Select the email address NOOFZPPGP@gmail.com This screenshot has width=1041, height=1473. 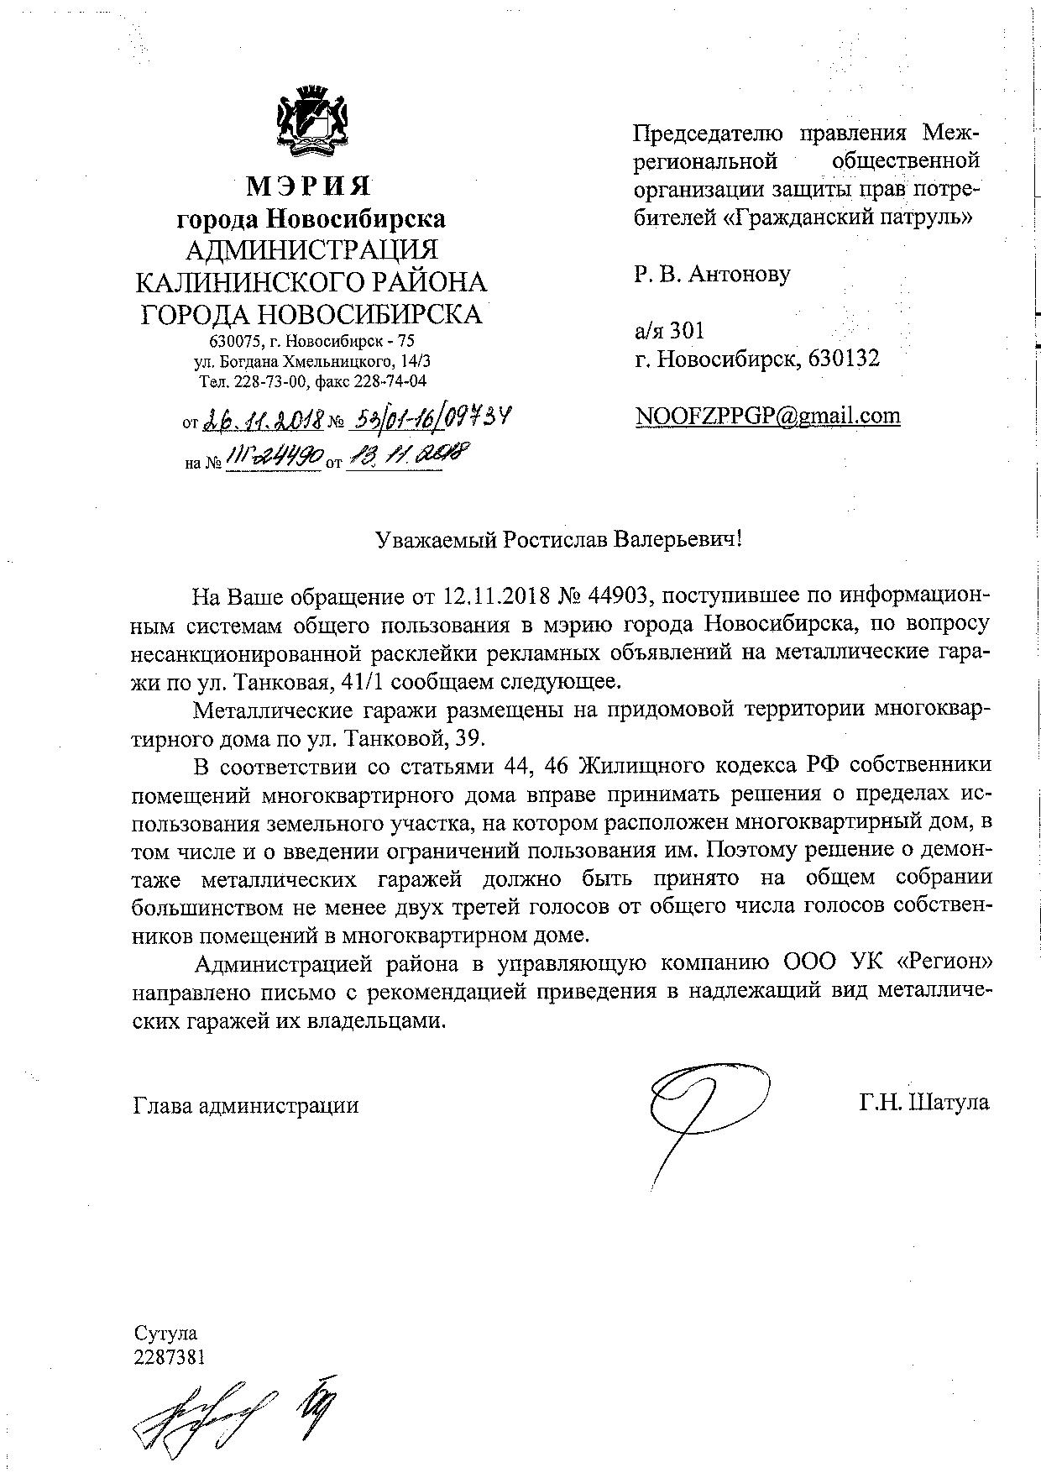tap(767, 416)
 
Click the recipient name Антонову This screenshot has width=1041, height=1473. tap(739, 274)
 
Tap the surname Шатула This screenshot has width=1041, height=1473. tap(949, 1102)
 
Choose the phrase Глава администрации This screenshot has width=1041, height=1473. tap(246, 1104)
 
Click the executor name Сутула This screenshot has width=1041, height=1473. tap(165, 1334)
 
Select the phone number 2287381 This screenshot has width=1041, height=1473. tap(170, 1357)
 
